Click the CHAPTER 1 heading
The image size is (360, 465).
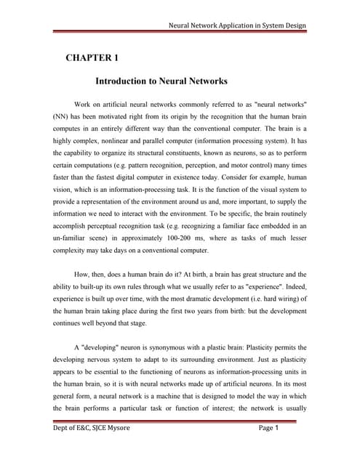tap(92, 56)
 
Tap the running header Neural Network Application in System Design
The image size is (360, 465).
tap(237, 26)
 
